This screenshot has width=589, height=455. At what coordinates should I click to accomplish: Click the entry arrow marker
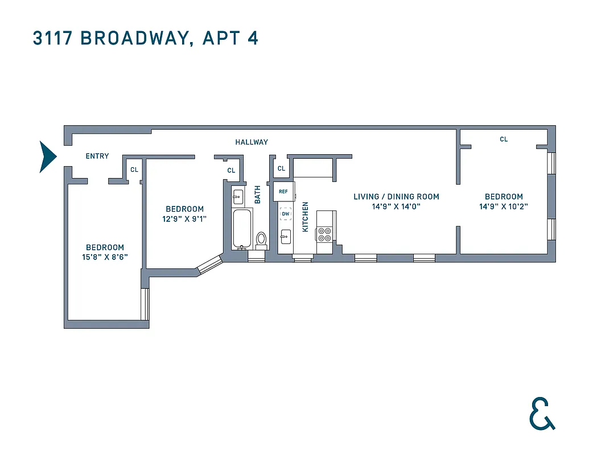click(x=47, y=156)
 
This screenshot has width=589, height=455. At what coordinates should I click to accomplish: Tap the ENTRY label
click(x=97, y=156)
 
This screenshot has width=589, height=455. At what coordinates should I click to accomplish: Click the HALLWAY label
click(x=252, y=142)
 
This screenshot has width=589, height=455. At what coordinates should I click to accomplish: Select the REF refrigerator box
click(x=283, y=192)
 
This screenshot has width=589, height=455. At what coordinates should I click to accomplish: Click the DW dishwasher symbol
click(x=285, y=214)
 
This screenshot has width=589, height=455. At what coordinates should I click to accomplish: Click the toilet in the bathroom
click(x=261, y=239)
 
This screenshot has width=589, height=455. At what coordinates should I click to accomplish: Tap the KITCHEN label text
click(x=305, y=217)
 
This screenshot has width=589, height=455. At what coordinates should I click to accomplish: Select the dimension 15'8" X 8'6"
click(x=105, y=257)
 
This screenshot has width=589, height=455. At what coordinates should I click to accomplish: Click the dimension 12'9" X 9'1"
click(x=184, y=218)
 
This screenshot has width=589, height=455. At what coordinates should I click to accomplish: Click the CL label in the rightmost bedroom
click(x=504, y=139)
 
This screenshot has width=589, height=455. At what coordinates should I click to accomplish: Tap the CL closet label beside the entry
click(x=134, y=169)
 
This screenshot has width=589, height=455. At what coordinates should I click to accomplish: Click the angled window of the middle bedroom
click(x=209, y=264)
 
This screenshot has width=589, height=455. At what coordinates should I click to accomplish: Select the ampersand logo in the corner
click(x=541, y=413)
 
